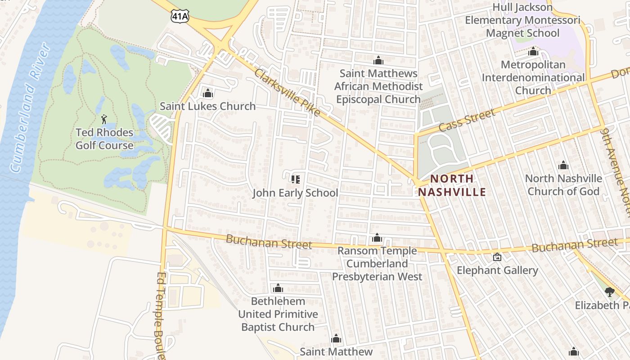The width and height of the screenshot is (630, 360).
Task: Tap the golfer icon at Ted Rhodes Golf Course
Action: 104,119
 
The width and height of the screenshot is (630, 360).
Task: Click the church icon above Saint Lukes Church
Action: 207,93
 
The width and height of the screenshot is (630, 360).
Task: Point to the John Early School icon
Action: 296,180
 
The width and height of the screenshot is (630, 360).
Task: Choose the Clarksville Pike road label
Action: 287,92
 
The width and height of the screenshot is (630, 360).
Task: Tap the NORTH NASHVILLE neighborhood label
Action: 452,185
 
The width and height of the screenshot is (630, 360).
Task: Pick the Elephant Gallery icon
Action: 497,257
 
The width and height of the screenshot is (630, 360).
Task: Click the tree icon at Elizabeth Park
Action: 610,292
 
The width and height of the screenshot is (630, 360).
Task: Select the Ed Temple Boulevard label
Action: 162,315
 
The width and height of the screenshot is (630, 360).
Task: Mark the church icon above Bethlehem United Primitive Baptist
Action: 278,288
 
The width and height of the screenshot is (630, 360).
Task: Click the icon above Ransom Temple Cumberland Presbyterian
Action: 377,238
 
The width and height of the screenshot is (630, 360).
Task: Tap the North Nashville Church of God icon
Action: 563,165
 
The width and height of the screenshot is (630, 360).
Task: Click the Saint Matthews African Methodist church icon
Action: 378,60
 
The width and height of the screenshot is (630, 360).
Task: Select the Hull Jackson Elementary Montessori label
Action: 522,20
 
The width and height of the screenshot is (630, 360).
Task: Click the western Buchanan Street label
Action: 269,242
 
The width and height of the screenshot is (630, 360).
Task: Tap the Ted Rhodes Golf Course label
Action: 104,139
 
